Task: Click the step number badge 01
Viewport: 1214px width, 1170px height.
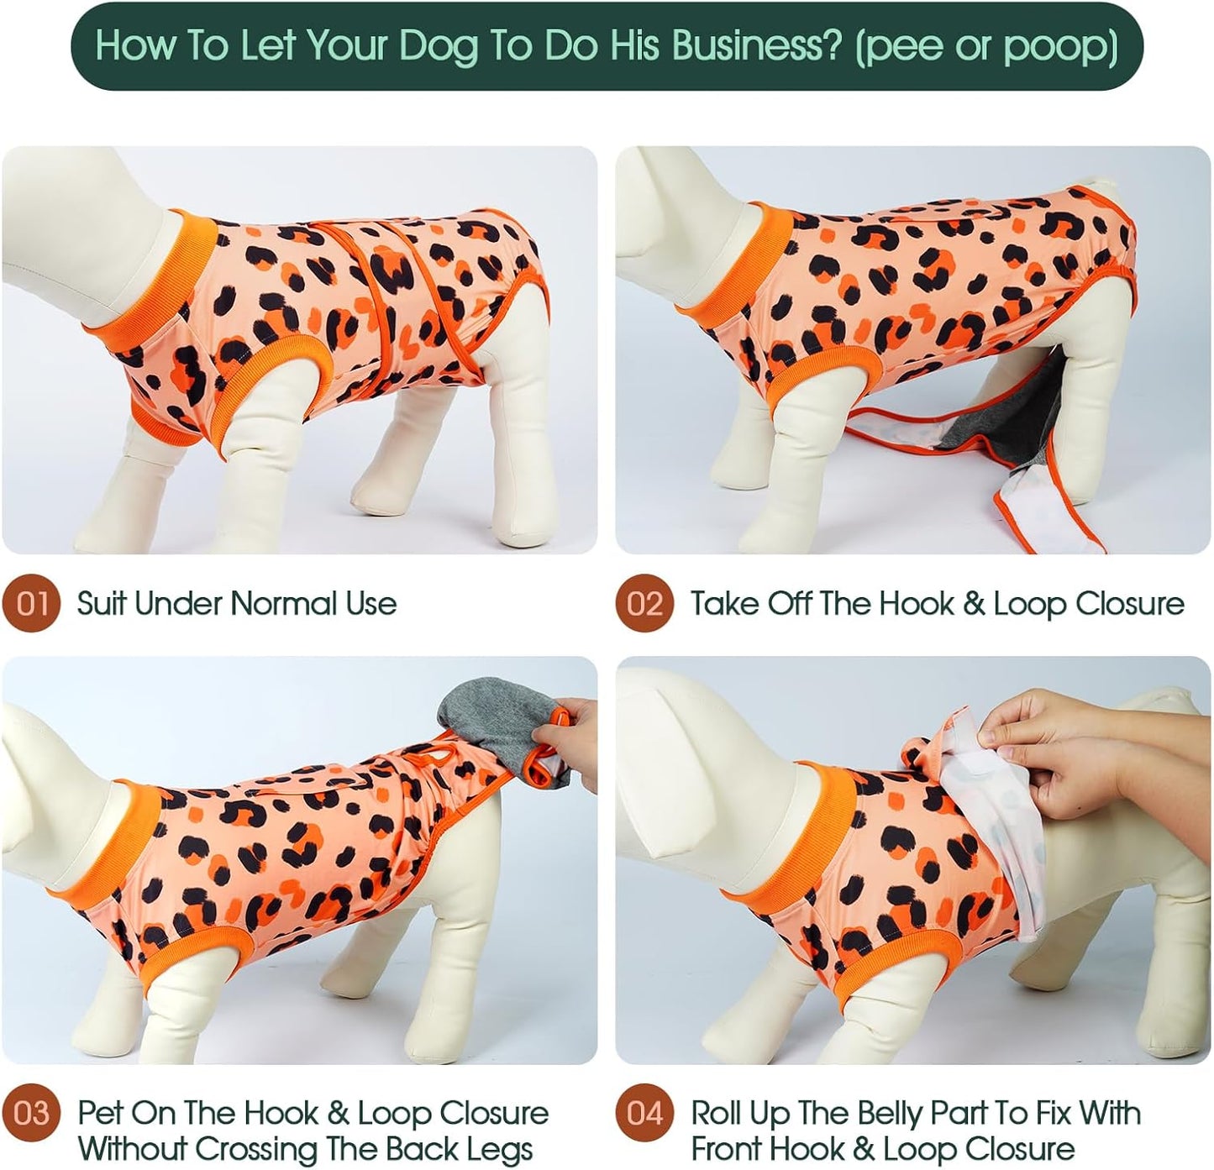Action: (31, 603)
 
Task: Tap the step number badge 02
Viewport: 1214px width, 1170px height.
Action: (644, 603)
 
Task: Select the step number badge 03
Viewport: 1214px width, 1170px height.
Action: (31, 1114)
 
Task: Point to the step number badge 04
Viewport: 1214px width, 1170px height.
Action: (644, 1114)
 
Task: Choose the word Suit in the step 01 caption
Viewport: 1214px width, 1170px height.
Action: (100, 603)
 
